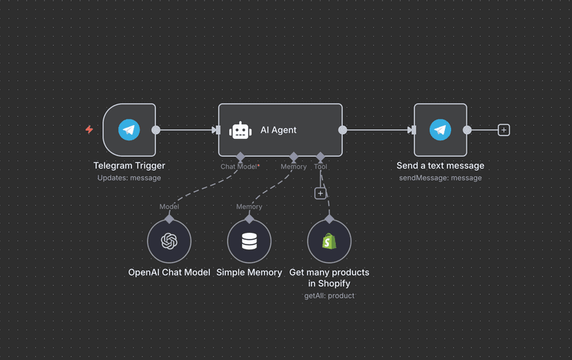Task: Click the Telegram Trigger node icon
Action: pyautogui.click(x=129, y=130)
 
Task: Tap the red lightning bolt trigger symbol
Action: pyautogui.click(x=89, y=129)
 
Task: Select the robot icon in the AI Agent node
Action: pyautogui.click(x=240, y=130)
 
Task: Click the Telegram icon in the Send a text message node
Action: pyautogui.click(x=440, y=130)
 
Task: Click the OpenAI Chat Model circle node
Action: pyautogui.click(x=169, y=241)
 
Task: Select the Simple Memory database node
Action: pyautogui.click(x=249, y=241)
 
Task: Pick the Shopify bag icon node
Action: pyautogui.click(x=330, y=241)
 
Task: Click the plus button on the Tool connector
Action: pyautogui.click(x=320, y=193)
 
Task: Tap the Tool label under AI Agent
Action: pyautogui.click(x=321, y=167)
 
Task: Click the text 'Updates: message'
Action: pyautogui.click(x=129, y=178)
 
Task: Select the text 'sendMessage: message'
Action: pyautogui.click(x=440, y=178)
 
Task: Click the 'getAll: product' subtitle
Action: pyautogui.click(x=330, y=296)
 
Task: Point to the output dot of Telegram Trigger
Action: pyautogui.click(x=156, y=130)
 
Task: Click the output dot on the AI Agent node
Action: pyautogui.click(x=343, y=130)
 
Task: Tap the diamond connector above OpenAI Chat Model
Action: pyautogui.click(x=169, y=218)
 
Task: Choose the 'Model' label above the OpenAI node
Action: pyautogui.click(x=169, y=207)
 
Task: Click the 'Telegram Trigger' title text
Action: pyautogui.click(x=129, y=166)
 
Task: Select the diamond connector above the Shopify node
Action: pyautogui.click(x=330, y=218)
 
